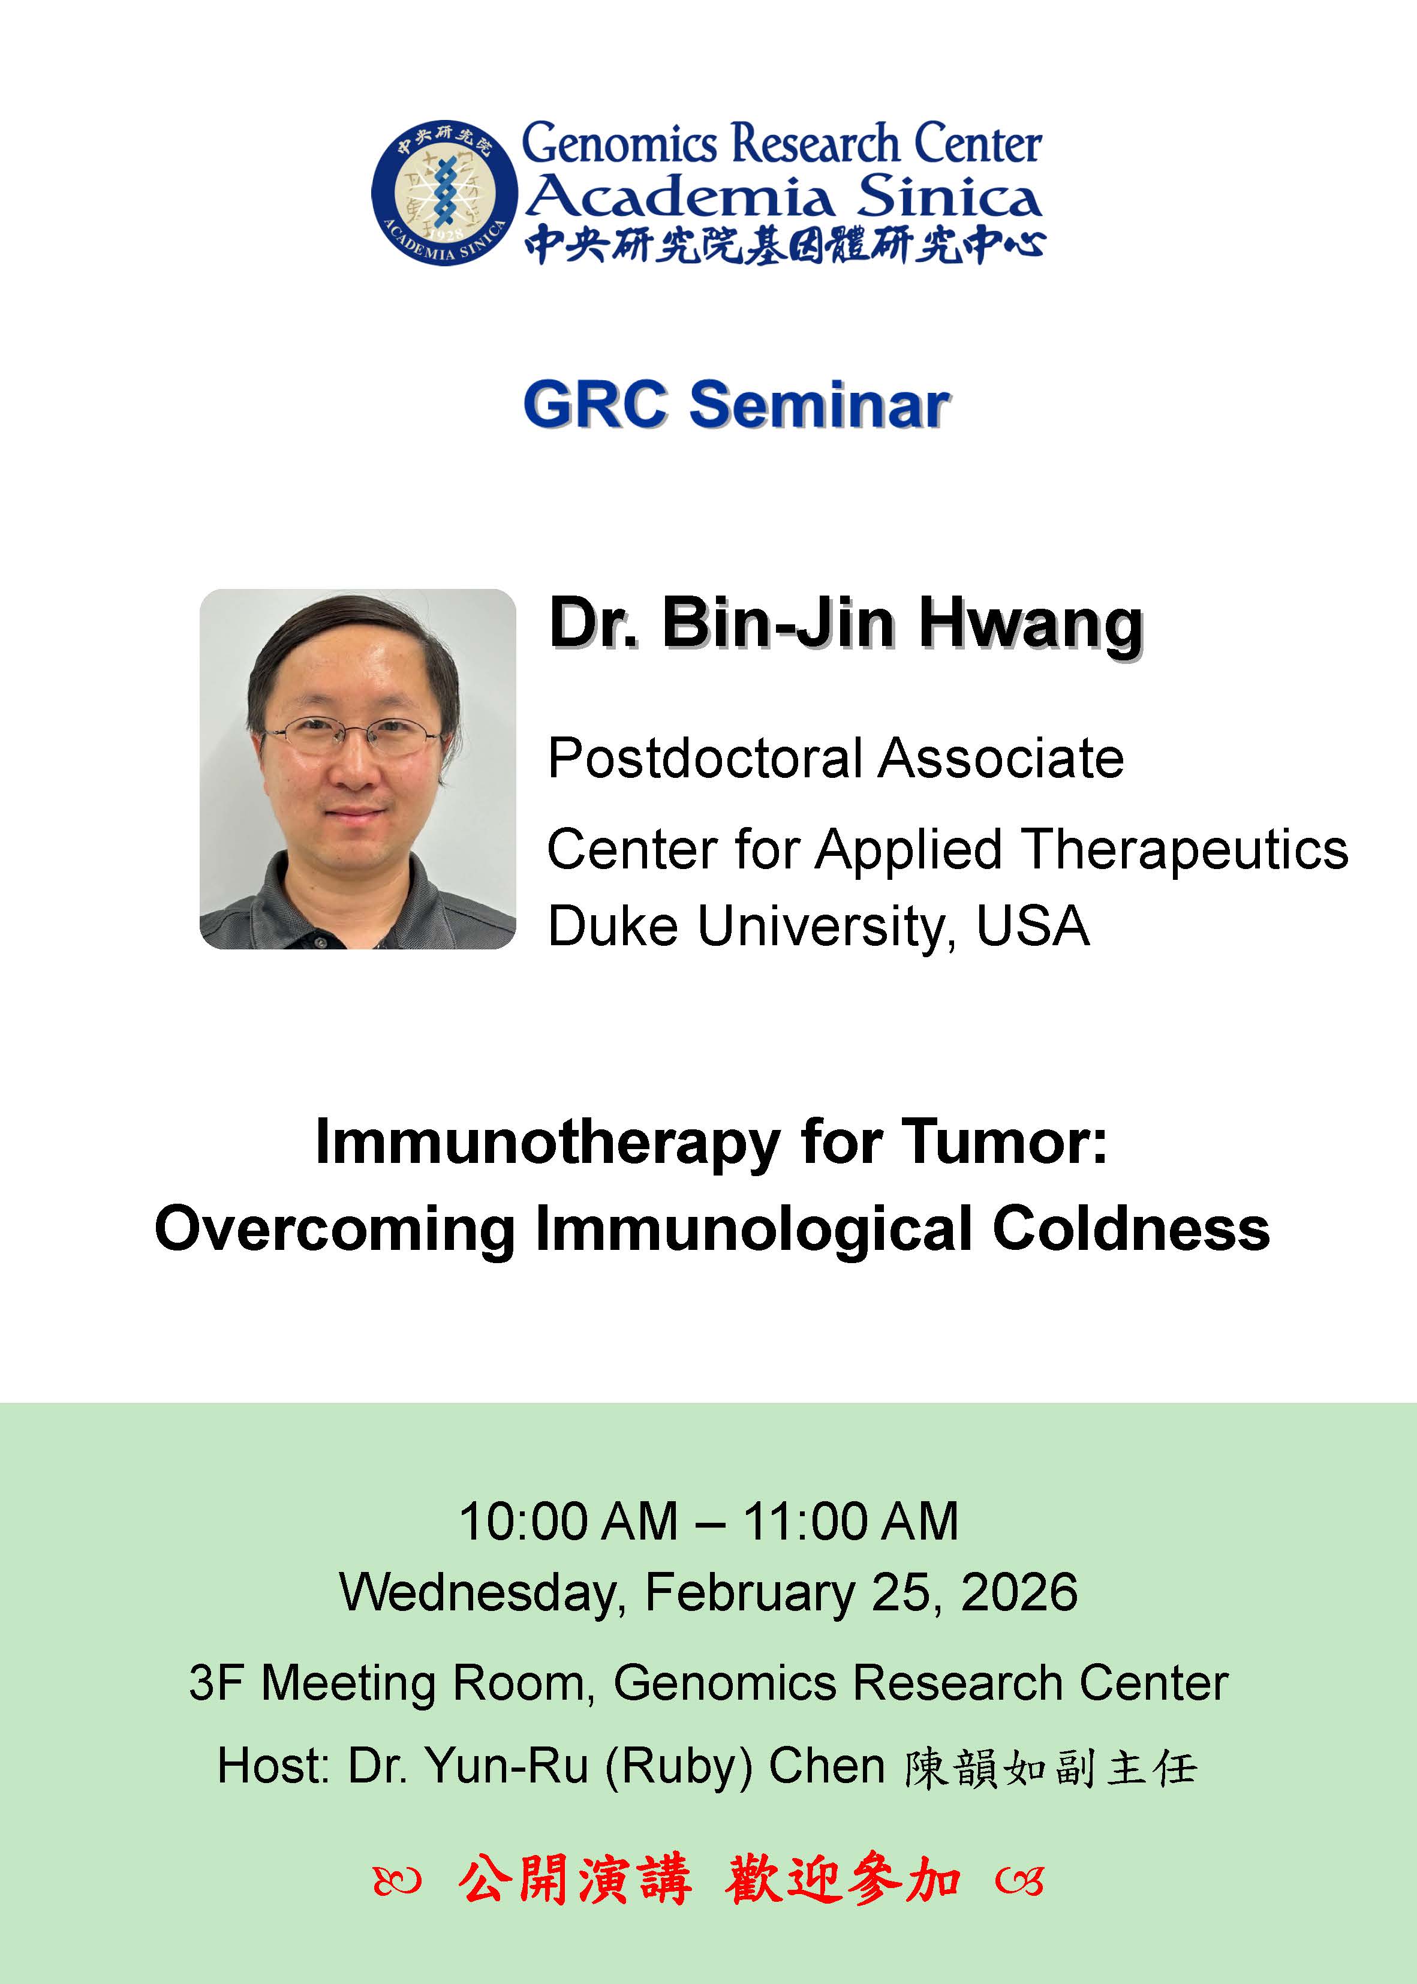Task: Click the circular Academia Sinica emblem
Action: click(x=444, y=192)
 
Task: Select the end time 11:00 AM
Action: click(x=851, y=1521)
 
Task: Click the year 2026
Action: click(x=1018, y=1592)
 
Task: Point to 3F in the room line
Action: click(x=215, y=1682)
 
